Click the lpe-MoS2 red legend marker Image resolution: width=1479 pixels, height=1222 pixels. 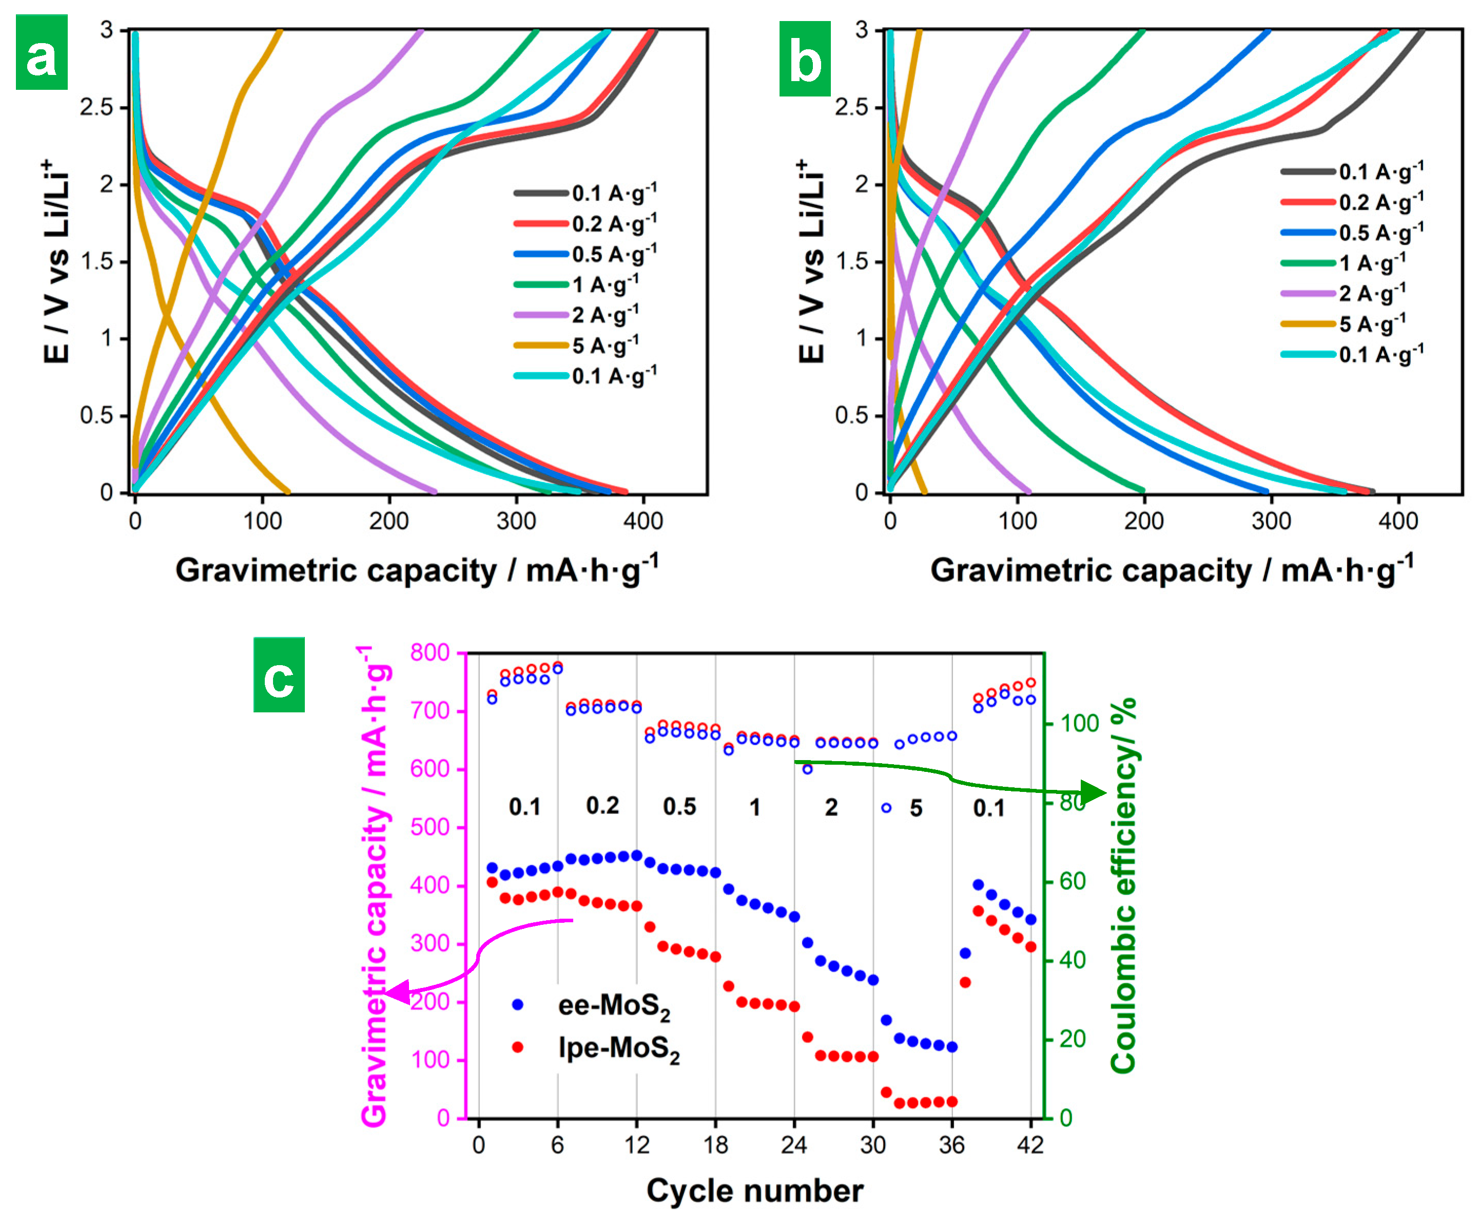[x=518, y=1048]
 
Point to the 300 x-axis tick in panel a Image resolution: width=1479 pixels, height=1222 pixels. [x=516, y=521]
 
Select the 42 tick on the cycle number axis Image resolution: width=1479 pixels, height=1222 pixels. [x=1030, y=1146]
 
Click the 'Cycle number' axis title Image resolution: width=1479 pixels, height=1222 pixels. [x=754, y=1191]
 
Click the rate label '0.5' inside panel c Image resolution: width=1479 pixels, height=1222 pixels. [x=679, y=807]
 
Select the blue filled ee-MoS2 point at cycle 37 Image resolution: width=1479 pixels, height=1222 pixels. [x=965, y=953]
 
